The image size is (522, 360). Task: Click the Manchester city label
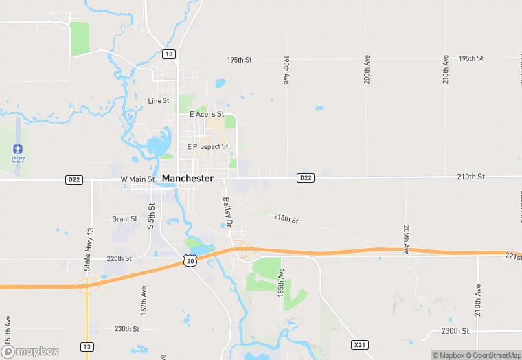188,178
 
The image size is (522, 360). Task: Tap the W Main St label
138,179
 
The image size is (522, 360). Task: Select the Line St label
159,101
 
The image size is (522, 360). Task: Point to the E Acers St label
207,114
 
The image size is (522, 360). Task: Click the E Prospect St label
207,146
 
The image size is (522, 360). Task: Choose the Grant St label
124,219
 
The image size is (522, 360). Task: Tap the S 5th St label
151,216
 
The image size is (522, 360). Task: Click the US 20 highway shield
190,260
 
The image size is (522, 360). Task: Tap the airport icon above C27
18,149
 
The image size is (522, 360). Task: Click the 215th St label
286,218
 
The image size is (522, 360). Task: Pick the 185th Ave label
280,282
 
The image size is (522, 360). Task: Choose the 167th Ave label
144,300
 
